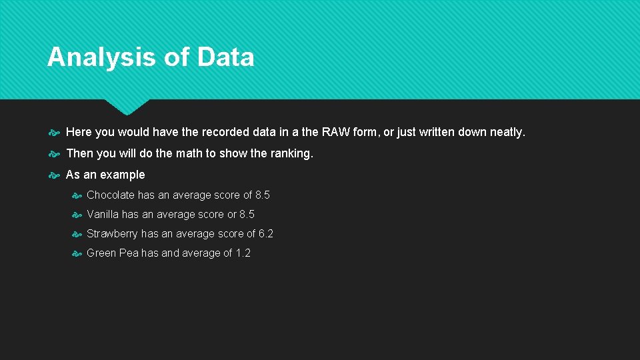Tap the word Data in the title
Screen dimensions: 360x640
pos(225,57)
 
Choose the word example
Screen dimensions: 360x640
pos(123,175)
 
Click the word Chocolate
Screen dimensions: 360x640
pos(111,195)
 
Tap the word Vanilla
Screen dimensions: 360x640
pos(103,215)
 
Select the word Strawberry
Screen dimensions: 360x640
pos(113,234)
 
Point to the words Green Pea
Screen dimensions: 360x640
pos(112,253)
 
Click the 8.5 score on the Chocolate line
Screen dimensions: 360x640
pos(263,195)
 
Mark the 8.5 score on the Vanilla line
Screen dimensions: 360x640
pos(247,215)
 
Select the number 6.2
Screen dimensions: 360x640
pos(266,234)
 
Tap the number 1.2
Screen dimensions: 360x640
pos(243,253)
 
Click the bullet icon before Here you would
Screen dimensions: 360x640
pos(54,133)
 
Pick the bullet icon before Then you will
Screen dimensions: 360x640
pos(54,154)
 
